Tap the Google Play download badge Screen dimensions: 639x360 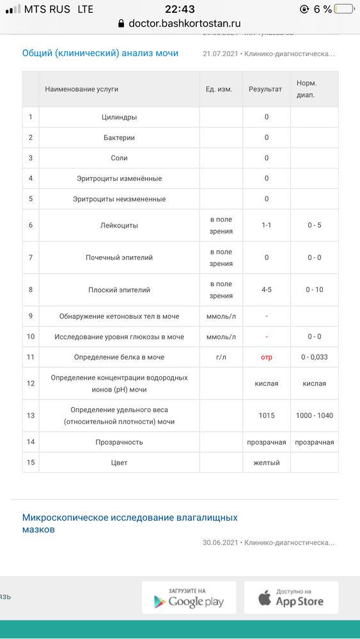(x=189, y=598)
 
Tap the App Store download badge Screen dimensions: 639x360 (x=291, y=598)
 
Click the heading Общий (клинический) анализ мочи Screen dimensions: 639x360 (x=100, y=54)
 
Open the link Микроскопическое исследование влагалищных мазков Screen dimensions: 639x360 (x=130, y=523)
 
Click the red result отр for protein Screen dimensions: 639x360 (x=267, y=357)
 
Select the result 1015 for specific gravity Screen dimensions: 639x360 (x=267, y=415)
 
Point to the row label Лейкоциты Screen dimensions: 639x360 (x=119, y=226)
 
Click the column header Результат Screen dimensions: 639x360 (x=265, y=89)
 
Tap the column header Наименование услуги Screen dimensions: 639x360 (x=82, y=89)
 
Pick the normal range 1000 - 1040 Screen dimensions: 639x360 (x=314, y=415)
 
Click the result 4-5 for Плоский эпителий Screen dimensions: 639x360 (x=267, y=290)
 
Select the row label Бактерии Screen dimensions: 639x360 (x=119, y=138)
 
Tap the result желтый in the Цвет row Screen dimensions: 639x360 (x=267, y=463)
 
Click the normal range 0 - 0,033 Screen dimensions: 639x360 (x=314, y=357)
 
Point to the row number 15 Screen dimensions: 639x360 (x=30, y=463)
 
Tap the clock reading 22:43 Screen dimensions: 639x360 (x=180, y=9)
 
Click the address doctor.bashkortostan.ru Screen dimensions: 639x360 (x=184, y=24)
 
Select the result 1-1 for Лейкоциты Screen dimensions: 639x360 (x=267, y=226)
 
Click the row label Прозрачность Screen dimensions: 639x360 (x=119, y=442)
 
